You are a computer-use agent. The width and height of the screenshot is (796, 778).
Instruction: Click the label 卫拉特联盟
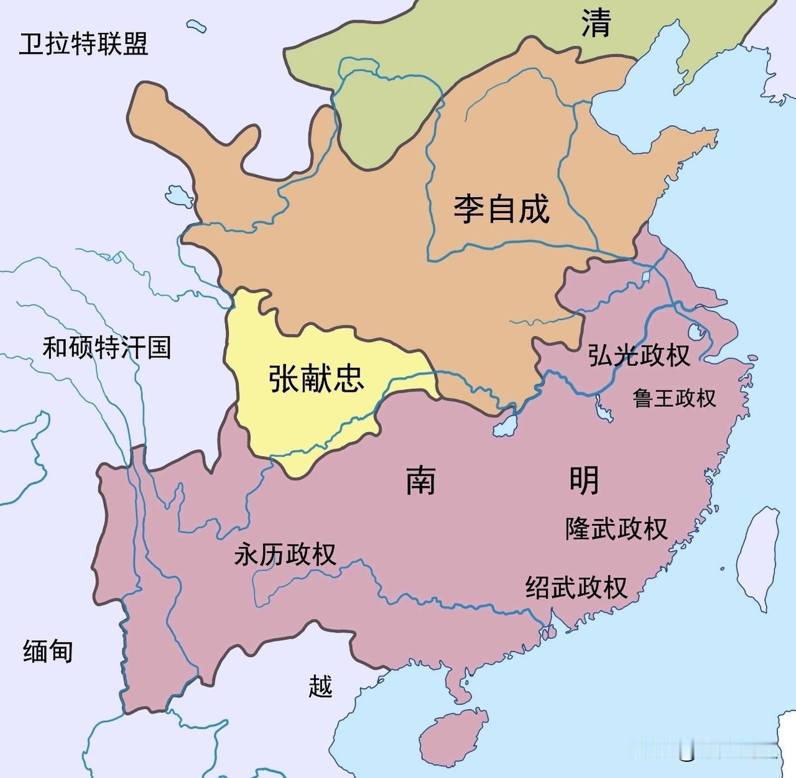83,44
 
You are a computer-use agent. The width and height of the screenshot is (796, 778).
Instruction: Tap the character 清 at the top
596,24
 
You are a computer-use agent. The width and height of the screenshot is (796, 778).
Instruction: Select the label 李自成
501,208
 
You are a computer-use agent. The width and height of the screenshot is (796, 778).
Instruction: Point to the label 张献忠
317,378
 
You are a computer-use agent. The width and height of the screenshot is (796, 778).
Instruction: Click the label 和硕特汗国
106,347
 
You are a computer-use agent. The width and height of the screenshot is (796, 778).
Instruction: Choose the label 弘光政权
639,355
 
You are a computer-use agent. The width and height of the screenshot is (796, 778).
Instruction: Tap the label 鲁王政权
674,398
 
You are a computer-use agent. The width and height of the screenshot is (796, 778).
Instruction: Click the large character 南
421,480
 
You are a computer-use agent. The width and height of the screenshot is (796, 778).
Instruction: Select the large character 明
584,480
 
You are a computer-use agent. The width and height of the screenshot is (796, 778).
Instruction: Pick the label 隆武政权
616,528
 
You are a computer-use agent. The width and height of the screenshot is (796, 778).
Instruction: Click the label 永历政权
285,554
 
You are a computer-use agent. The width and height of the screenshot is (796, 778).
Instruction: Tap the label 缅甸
48,651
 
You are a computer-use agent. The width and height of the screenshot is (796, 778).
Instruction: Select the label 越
320,686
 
